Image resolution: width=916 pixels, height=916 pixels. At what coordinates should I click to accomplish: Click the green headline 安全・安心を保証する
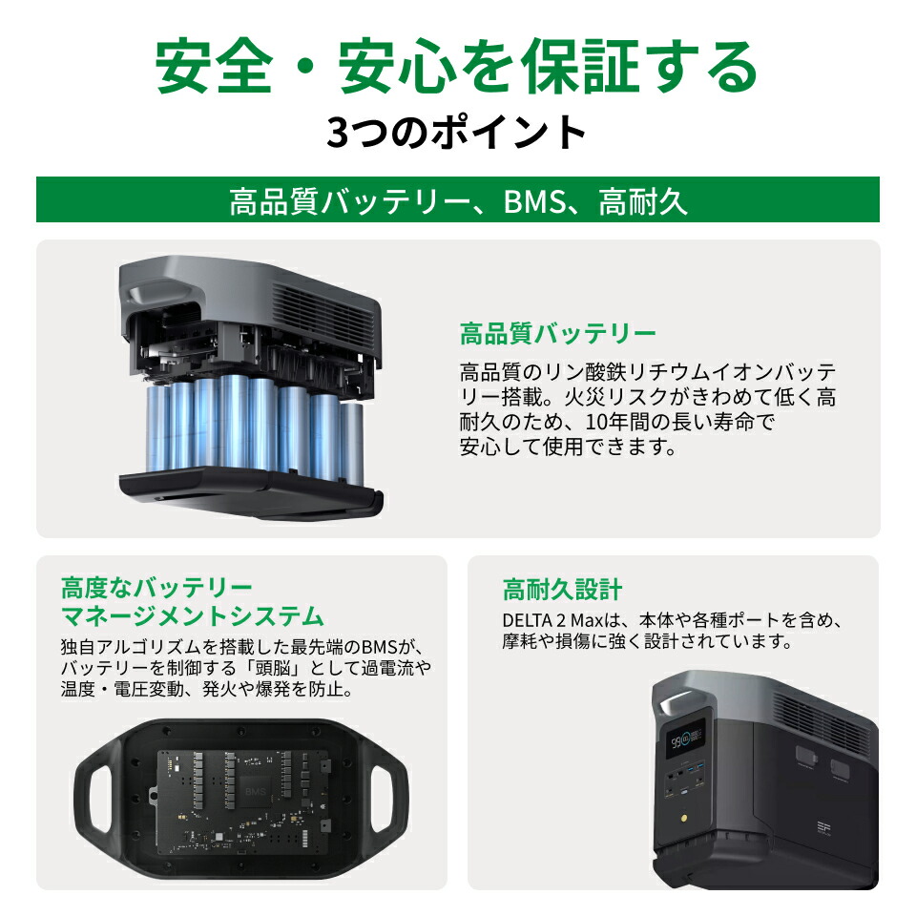coord(457,67)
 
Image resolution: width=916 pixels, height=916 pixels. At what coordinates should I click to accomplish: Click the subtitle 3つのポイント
coord(457,133)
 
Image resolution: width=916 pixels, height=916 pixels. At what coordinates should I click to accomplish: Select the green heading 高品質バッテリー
coord(558,335)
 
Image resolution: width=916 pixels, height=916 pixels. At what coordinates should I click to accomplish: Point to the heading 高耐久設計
coord(562,589)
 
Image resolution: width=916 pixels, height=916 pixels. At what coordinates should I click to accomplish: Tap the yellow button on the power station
coord(684,821)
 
